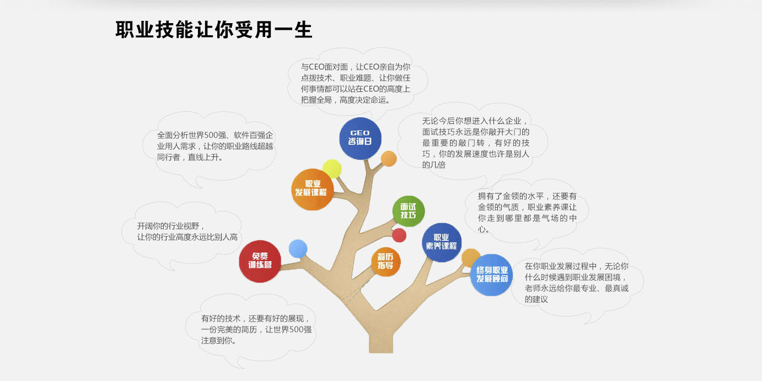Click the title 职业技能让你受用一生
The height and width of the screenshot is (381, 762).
click(213, 30)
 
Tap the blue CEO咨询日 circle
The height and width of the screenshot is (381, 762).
click(360, 138)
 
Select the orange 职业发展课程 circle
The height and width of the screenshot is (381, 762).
click(312, 189)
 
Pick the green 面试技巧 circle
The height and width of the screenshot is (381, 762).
click(408, 211)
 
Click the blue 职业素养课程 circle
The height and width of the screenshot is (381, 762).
click(442, 242)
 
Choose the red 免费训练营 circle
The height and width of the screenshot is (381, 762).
click(260, 261)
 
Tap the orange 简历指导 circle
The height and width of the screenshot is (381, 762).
click(385, 262)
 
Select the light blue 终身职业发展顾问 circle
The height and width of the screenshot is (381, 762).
click(492, 275)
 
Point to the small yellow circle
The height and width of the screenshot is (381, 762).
click(332, 169)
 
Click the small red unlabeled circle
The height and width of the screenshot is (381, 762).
click(399, 235)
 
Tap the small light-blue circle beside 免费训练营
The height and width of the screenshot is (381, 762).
click(298, 248)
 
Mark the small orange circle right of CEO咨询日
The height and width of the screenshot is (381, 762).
click(389, 159)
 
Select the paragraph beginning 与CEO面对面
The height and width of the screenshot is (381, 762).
click(356, 84)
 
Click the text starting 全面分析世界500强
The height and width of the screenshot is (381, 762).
click(215, 146)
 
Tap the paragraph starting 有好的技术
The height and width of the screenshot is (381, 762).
click(256, 329)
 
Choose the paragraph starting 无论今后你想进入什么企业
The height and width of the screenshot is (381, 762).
click(476, 143)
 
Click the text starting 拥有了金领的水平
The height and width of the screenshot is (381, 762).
click(527, 213)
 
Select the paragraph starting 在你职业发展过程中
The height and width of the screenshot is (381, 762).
click(576, 282)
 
